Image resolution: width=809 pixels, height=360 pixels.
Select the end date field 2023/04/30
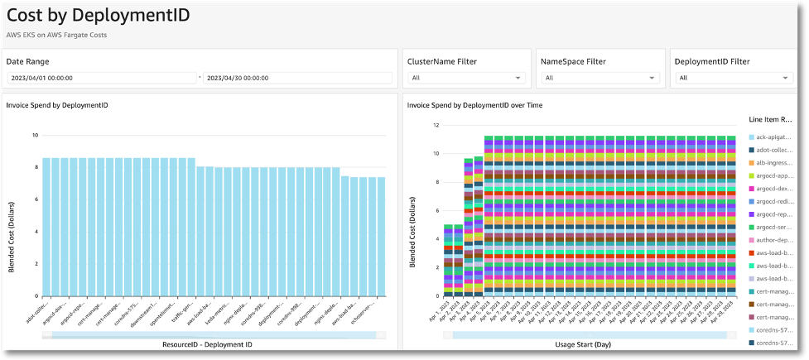click(297, 78)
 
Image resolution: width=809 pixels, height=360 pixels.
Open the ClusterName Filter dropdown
click(466, 78)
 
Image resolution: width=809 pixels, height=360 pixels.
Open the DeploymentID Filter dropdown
click(734, 78)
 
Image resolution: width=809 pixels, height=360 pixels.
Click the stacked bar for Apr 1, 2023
click(448, 260)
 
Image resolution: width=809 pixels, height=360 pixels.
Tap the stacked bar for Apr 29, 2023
click(730, 216)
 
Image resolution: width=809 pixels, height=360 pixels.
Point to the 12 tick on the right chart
click(435, 125)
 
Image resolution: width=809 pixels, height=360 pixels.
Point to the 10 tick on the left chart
click(34, 135)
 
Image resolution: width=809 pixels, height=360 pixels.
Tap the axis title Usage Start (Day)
click(590, 343)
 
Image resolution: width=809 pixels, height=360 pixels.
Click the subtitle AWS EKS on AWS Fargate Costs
click(57, 35)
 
